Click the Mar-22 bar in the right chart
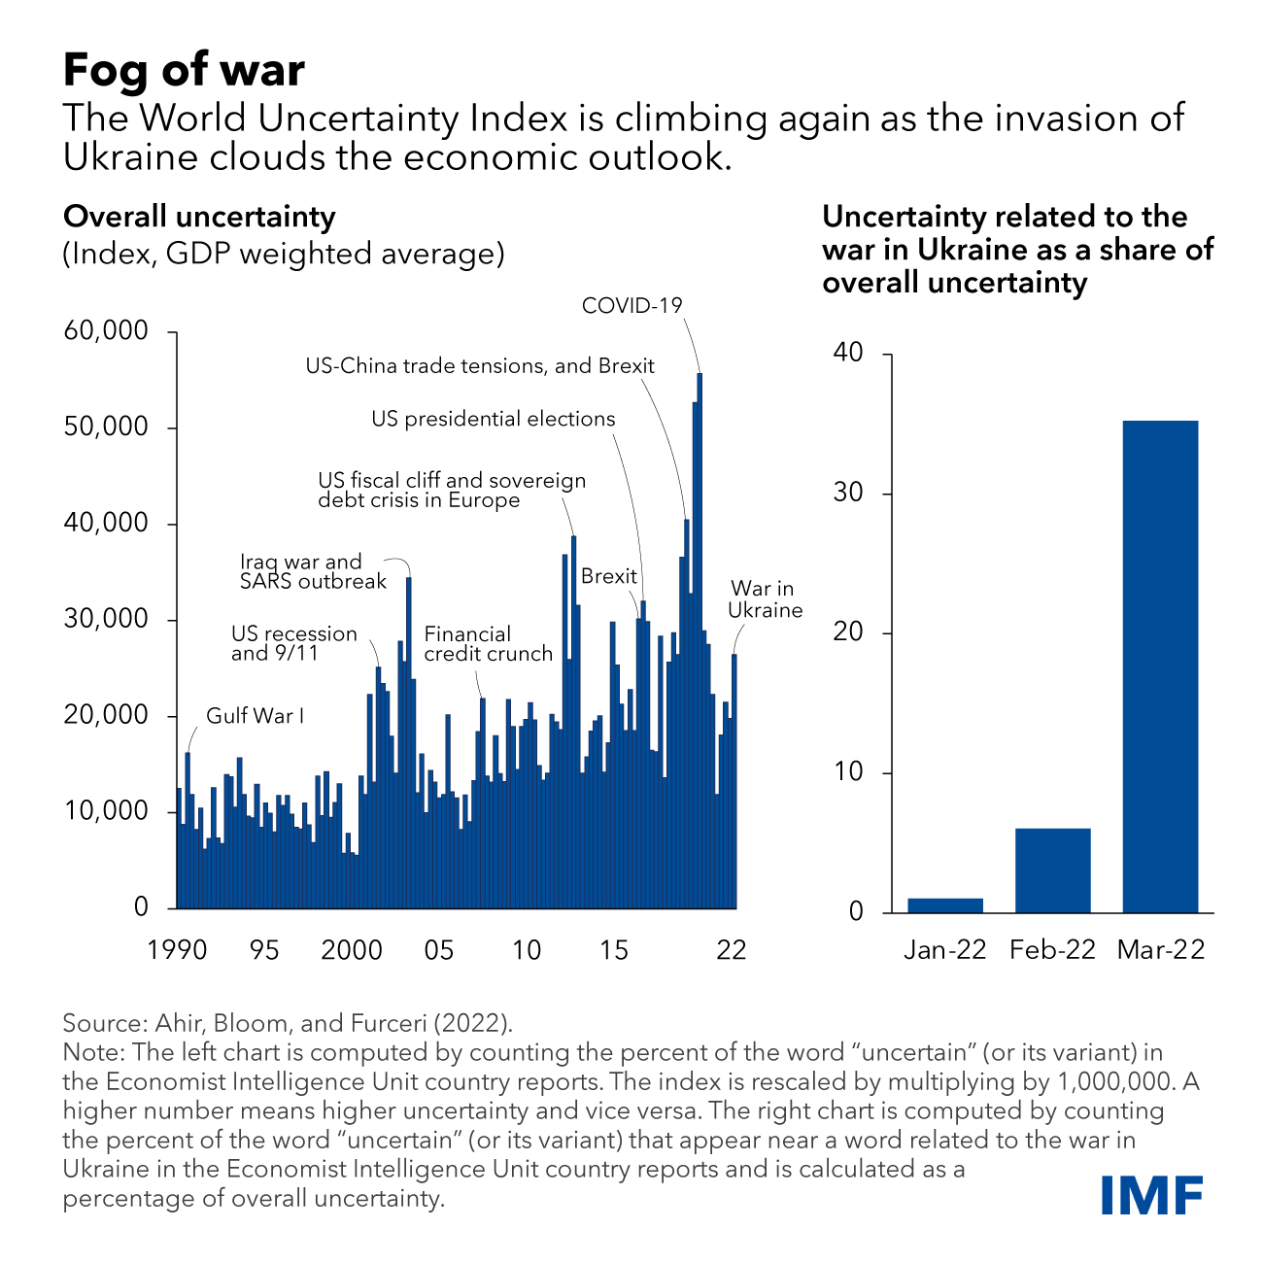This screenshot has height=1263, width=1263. point(1160,666)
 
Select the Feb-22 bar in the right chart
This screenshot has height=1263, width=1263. point(1053,870)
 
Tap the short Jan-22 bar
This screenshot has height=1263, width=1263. point(945,905)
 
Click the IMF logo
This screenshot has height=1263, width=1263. point(1152,1194)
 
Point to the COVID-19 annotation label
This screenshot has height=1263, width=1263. point(631,305)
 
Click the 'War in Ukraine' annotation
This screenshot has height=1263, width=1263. point(766,599)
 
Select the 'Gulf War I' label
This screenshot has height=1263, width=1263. point(255,716)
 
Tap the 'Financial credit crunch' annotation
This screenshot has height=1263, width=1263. point(488,644)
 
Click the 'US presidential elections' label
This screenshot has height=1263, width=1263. point(493,419)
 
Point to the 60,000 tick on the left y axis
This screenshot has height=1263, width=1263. point(107,331)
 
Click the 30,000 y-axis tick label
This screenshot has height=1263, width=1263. point(107,619)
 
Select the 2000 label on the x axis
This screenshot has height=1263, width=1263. point(352,949)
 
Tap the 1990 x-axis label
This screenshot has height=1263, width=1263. point(177,949)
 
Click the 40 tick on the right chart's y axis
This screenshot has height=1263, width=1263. point(848,353)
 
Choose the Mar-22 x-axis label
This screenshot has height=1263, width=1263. point(1160,949)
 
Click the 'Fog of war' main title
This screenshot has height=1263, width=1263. point(184,70)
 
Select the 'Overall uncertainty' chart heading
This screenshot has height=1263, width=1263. point(199,217)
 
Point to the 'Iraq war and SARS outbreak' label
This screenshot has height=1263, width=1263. point(313,571)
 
